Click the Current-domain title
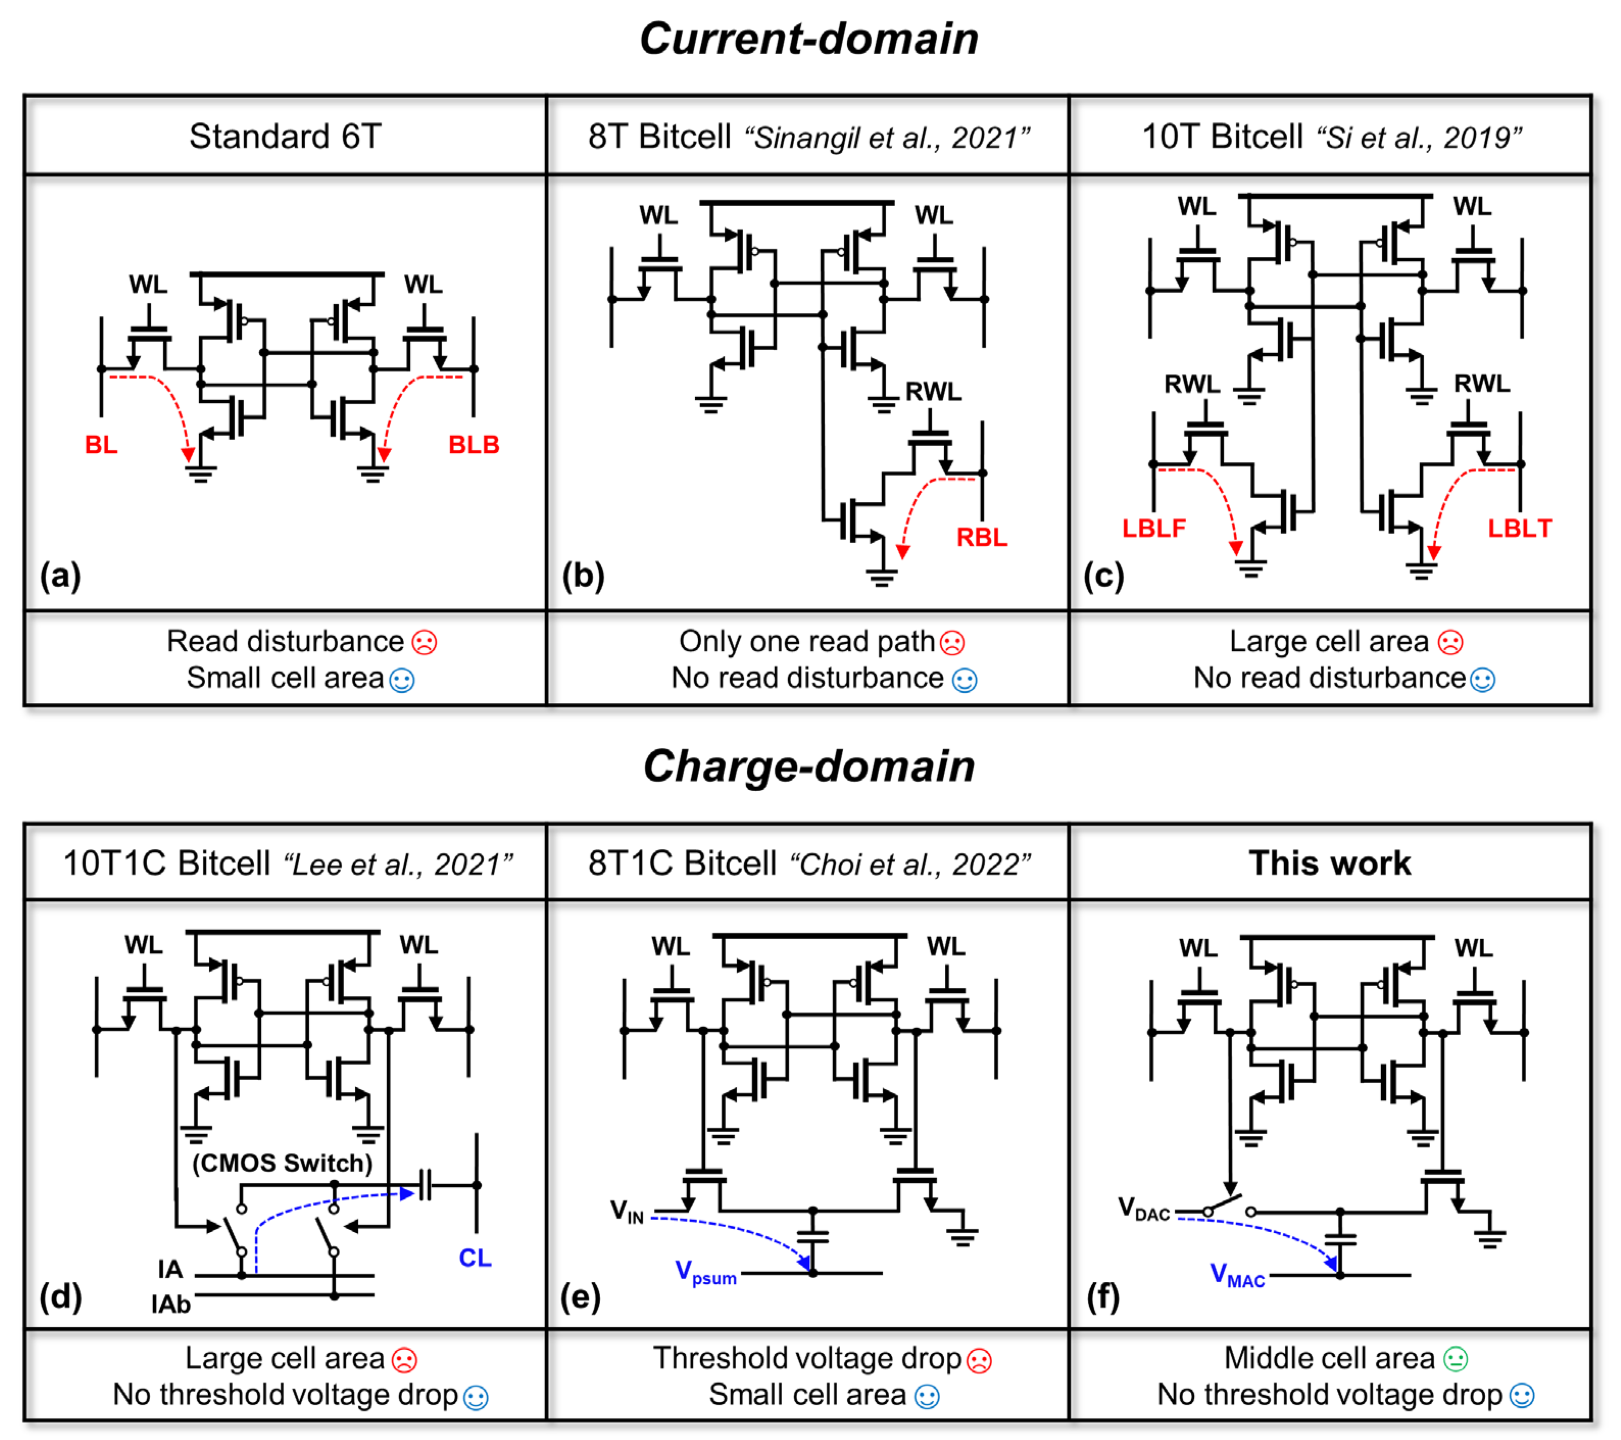809,38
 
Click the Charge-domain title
809,766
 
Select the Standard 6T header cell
285,136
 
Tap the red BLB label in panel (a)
474,445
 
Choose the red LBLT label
1519,528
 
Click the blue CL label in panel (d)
475,1258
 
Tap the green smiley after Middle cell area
1455,1359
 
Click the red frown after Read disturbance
424,642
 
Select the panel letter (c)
1103,576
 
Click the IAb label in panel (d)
171,1304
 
